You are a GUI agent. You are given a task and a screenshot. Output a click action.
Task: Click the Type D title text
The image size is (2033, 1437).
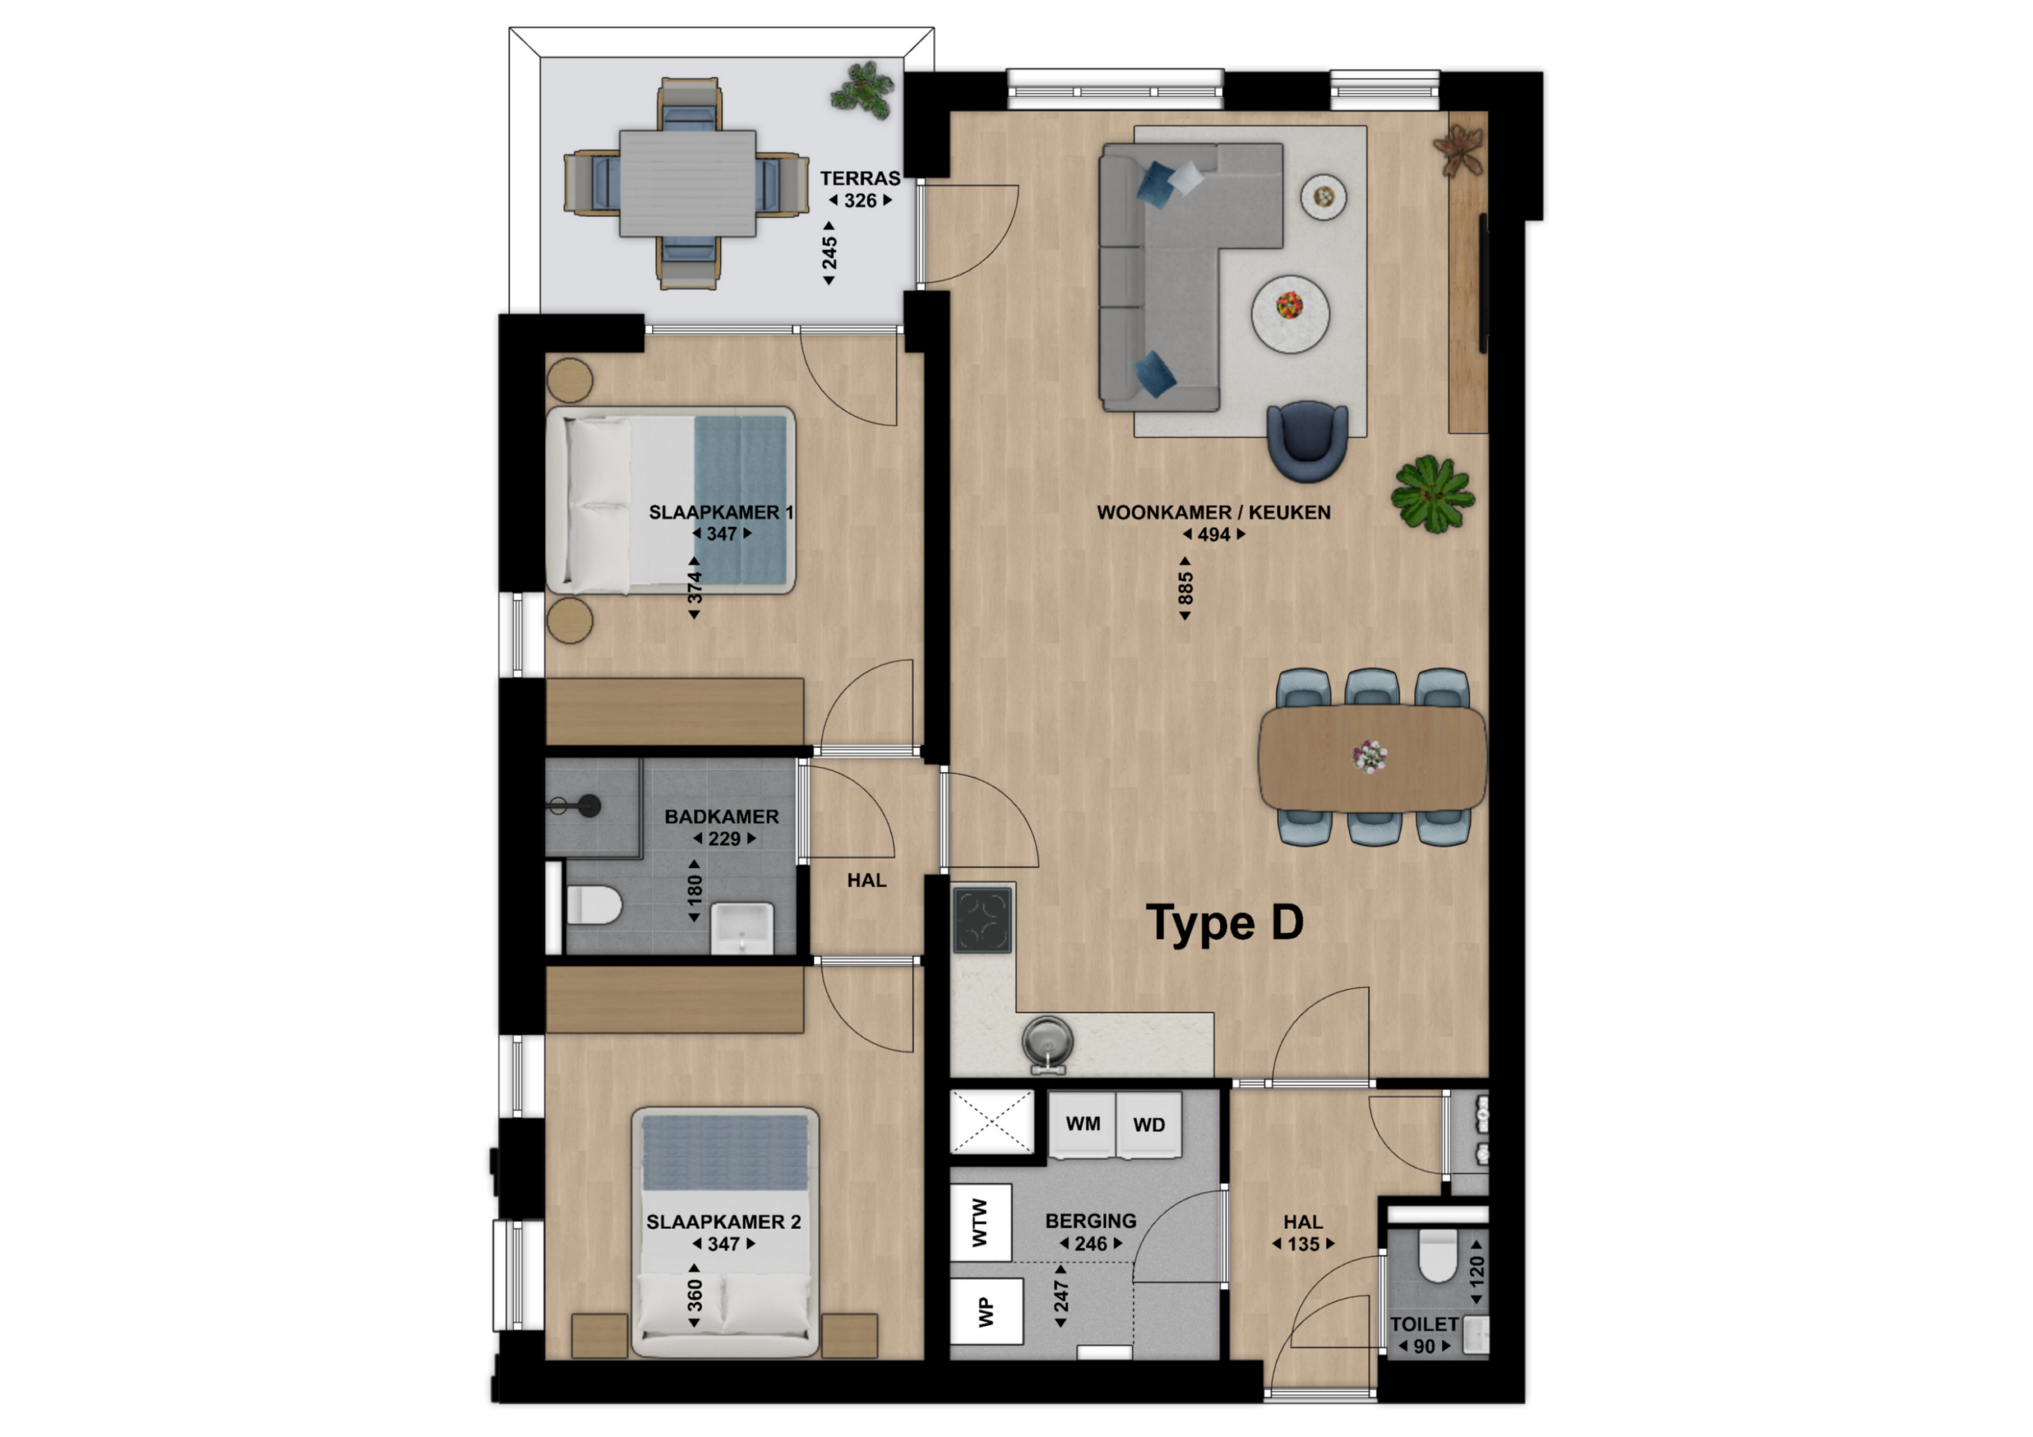click(x=1225, y=923)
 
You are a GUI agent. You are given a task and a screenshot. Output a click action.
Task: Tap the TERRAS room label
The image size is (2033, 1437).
click(x=860, y=178)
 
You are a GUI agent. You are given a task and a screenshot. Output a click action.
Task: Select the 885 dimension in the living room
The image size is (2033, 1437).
click(x=1185, y=588)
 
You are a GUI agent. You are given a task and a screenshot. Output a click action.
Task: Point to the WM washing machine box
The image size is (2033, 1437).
click(x=1082, y=1124)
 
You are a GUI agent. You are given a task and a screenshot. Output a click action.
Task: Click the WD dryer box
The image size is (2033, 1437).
click(x=1148, y=1124)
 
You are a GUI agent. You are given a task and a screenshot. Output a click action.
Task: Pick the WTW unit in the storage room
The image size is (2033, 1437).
click(x=980, y=1223)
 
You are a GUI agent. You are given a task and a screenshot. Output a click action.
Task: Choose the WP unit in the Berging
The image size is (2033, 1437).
click(x=986, y=1312)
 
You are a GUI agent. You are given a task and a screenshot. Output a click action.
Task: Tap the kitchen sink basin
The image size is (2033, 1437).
click(x=1047, y=1038)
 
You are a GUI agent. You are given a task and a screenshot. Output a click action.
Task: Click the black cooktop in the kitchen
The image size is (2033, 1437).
click(x=983, y=921)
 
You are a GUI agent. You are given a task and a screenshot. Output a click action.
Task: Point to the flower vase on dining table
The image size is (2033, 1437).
click(x=1370, y=756)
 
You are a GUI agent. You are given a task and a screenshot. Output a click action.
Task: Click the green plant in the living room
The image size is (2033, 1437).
click(x=1432, y=493)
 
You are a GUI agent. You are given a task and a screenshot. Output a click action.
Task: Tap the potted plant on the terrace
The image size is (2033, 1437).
click(x=862, y=90)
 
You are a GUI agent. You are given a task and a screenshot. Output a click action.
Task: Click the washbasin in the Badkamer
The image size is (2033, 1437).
click(x=742, y=929)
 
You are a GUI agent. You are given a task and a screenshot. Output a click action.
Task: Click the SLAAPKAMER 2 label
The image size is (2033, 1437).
click(x=723, y=1222)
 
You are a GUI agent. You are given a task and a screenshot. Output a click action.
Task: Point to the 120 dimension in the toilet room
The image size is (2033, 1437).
click(x=1476, y=1274)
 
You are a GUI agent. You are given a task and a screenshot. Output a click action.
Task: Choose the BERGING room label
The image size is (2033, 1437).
click(x=1091, y=1221)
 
